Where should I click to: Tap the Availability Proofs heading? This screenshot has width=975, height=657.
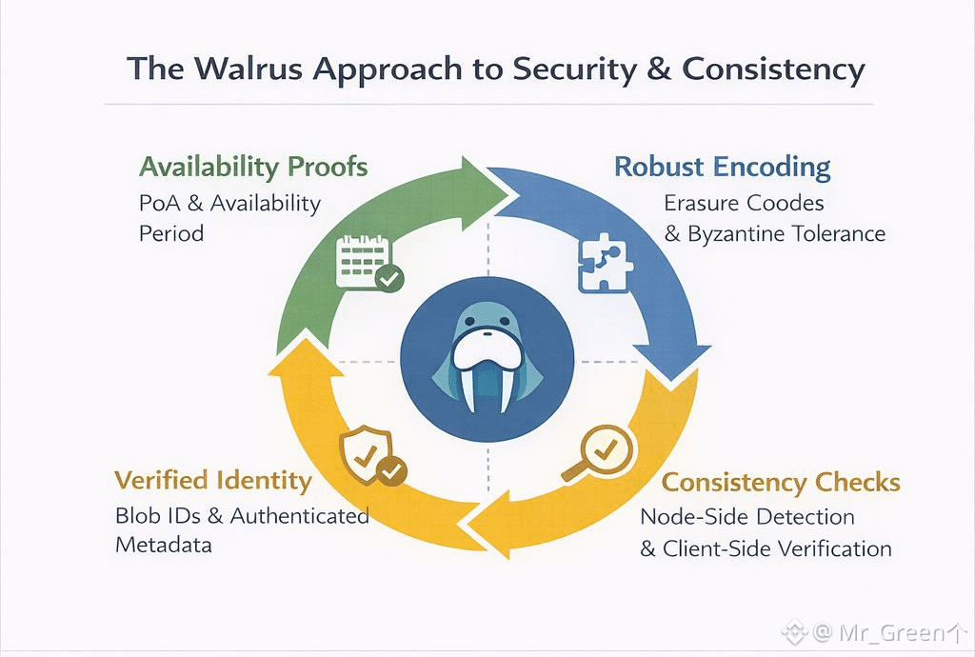click(x=253, y=167)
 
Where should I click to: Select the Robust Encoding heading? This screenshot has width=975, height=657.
click(x=722, y=167)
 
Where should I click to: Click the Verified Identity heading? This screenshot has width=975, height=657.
click(x=212, y=479)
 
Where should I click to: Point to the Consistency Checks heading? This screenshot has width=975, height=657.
click(x=781, y=482)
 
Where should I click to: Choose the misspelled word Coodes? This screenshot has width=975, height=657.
click(x=786, y=203)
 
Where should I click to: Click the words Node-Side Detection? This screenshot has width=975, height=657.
click(x=746, y=517)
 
